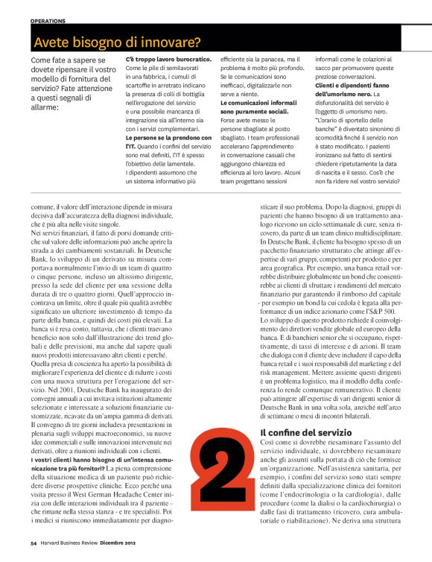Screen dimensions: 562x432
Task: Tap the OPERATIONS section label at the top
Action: (x=48, y=21)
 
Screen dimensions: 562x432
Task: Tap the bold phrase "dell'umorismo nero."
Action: (x=343, y=95)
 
